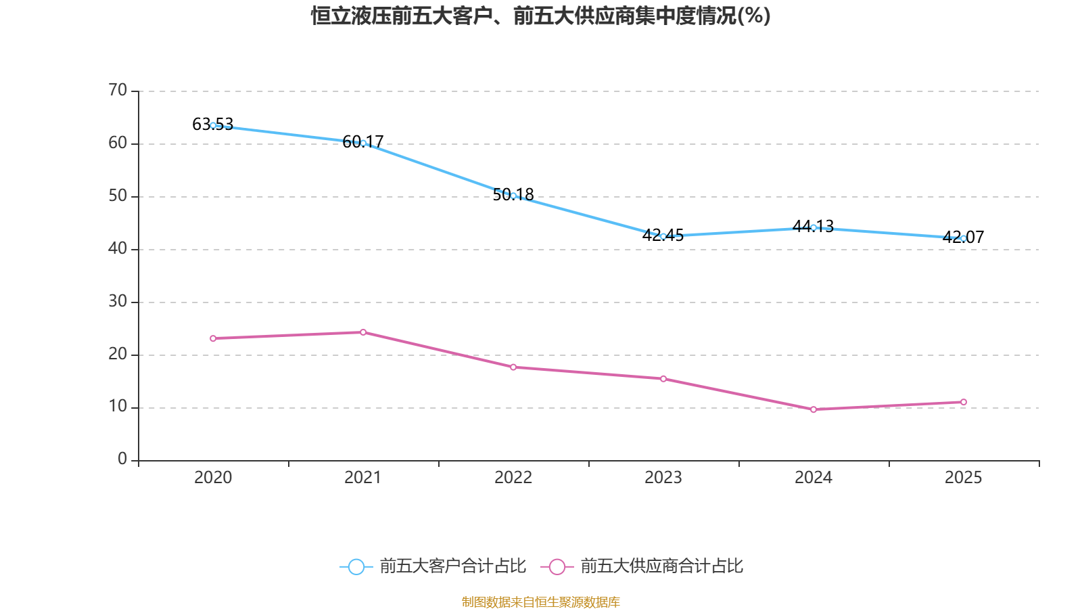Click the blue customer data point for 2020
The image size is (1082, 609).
click(213, 125)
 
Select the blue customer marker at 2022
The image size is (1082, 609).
click(513, 196)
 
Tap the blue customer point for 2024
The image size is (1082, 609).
click(814, 227)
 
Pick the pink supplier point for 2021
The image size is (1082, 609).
click(363, 332)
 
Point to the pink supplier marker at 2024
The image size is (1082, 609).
click(814, 409)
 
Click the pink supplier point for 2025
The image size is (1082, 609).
click(964, 402)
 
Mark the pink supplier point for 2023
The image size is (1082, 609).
click(663, 379)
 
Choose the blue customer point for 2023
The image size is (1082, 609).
click(663, 236)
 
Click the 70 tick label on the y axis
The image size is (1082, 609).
click(118, 90)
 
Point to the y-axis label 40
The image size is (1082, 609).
click(118, 248)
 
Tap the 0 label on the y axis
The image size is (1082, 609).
click(122, 459)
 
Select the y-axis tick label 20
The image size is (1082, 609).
click(118, 354)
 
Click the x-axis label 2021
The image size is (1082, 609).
click(363, 478)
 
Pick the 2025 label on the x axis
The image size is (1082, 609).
click(963, 478)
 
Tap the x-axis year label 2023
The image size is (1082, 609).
click(663, 478)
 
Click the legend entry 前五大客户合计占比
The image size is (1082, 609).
click(452, 566)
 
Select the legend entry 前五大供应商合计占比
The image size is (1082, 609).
click(661, 566)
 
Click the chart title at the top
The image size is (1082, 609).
click(540, 16)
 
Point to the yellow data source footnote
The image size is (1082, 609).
click(540, 602)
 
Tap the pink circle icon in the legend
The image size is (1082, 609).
click(557, 567)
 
